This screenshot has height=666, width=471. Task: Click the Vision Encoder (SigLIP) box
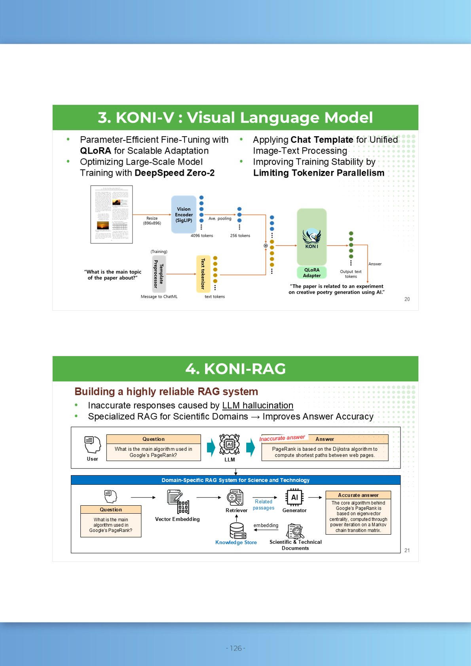tap(184, 214)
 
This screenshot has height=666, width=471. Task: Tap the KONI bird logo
tap(311, 238)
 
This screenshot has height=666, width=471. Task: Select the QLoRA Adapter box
tap(312, 273)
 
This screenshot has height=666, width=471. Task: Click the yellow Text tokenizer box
tap(203, 274)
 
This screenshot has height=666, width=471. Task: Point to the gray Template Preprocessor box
tap(159, 274)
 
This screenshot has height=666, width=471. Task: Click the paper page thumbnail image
tap(112, 214)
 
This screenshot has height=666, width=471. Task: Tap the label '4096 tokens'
tap(202, 235)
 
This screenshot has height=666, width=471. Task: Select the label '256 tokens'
tap(240, 235)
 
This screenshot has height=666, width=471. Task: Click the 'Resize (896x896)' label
tap(152, 220)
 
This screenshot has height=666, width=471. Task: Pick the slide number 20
tap(407, 299)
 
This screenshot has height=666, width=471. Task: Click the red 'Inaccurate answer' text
tap(282, 438)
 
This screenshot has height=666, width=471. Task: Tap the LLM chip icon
tap(230, 444)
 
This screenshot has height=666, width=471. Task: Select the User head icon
tap(93, 444)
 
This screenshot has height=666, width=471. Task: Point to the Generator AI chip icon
tap(294, 497)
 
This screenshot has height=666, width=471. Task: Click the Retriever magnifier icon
tap(235, 497)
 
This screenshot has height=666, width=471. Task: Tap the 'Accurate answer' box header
tap(358, 495)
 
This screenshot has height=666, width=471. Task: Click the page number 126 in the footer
tap(235, 648)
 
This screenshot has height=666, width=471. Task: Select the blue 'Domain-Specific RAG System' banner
tap(235, 480)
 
